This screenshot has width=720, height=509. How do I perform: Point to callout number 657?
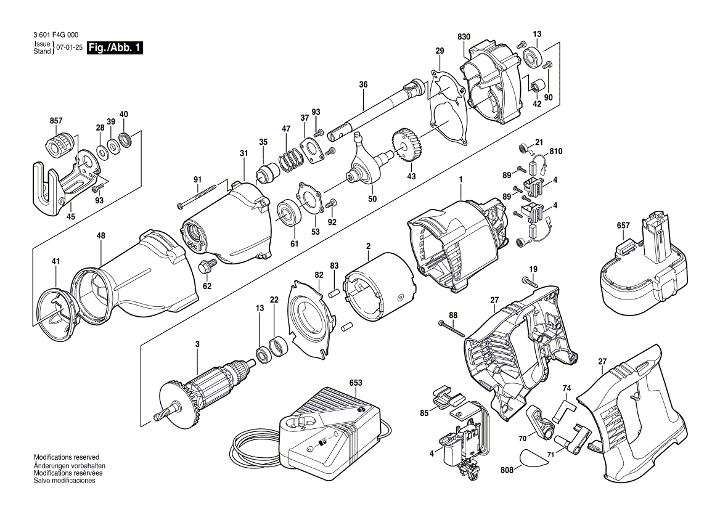623,226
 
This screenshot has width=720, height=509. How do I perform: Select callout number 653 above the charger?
356,383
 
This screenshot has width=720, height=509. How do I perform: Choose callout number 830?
464,38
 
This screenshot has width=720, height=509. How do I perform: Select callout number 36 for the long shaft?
363,84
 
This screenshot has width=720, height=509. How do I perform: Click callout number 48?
101,236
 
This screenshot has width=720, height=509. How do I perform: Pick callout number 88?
453,316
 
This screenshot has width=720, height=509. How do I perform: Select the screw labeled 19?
531,282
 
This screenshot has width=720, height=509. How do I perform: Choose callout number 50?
372,200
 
